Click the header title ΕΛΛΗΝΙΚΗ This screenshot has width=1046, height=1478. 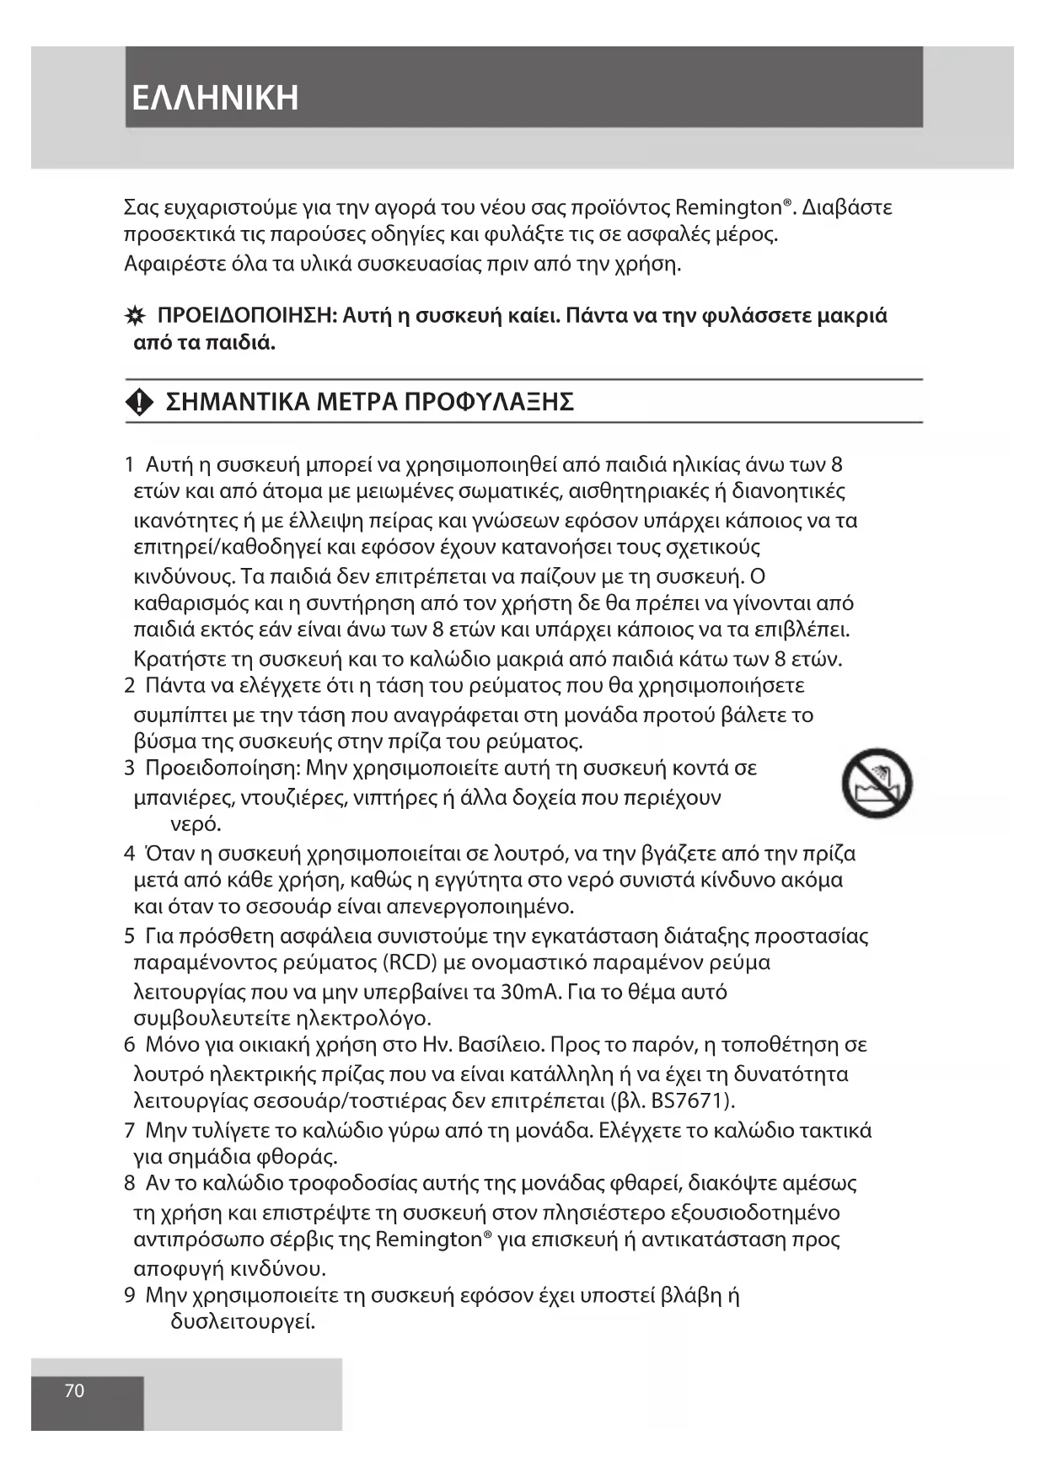click(x=215, y=98)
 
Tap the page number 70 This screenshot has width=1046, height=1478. click(x=75, y=1391)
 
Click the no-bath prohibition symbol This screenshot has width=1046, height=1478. click(x=877, y=783)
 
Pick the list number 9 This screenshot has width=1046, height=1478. click(x=130, y=1296)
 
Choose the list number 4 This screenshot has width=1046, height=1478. click(x=130, y=854)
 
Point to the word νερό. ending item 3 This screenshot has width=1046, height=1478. click(x=196, y=824)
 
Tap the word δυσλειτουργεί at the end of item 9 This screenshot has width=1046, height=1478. click(x=243, y=1322)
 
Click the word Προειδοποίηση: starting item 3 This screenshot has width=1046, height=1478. click(x=223, y=768)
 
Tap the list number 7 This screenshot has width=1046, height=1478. click(x=130, y=1131)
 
